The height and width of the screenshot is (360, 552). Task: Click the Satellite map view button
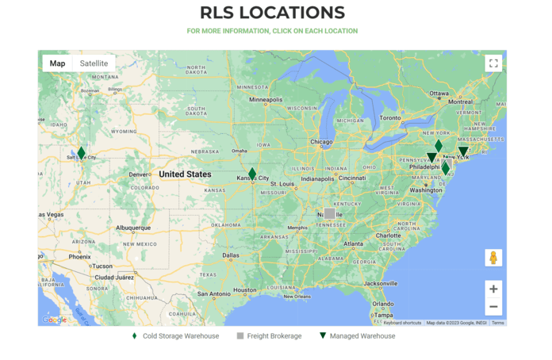point(94,63)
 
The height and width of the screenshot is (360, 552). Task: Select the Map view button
point(57,63)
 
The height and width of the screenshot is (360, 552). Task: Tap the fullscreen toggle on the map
point(493,63)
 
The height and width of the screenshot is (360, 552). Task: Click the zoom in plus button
point(493,289)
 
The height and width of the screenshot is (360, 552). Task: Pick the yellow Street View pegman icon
point(493,258)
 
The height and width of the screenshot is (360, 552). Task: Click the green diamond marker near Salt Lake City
point(81,153)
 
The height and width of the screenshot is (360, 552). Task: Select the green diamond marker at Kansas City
point(252,174)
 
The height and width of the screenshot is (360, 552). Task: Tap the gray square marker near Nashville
point(329,213)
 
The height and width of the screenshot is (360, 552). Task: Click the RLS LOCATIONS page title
point(272,13)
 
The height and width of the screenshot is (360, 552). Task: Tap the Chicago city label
point(322,143)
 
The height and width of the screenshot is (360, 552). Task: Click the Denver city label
point(140,174)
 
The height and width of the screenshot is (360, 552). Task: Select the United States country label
point(185,174)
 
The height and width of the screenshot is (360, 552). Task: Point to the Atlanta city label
point(355,244)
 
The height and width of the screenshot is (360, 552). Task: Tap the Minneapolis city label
point(266,100)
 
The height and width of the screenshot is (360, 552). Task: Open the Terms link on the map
point(497,323)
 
